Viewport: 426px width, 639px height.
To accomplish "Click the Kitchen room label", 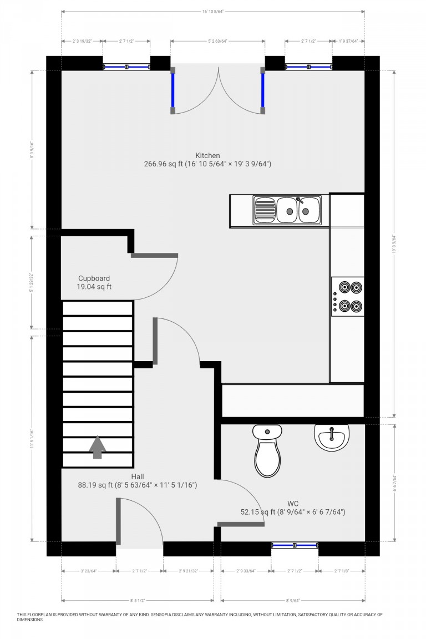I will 207,155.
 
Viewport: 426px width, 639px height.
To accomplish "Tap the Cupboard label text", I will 94,278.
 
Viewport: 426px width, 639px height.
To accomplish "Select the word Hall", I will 138,476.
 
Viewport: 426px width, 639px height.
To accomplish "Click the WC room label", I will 293,504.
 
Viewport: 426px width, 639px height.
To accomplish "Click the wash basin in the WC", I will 332,437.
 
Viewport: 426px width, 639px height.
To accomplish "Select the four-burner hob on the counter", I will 348,296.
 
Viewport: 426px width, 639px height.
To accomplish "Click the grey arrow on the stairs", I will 98,447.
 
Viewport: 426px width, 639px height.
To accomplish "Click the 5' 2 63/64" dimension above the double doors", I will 217,41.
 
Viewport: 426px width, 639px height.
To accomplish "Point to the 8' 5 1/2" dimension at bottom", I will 138,600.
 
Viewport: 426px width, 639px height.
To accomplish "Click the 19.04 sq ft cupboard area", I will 94,287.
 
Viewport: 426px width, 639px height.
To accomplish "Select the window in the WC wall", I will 295,545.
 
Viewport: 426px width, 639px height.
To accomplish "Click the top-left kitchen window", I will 126,67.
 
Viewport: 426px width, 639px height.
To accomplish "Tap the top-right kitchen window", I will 308,67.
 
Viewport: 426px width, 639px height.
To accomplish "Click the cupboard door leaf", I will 154,255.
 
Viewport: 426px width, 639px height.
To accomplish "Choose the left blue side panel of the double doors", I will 173,90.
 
